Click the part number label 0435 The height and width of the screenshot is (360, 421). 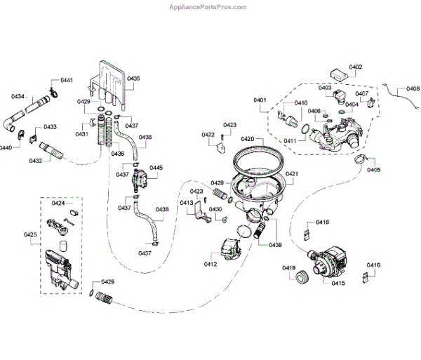[x=133, y=78]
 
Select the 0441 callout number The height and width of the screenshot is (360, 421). [x=67, y=81]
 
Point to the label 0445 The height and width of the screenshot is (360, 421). [x=156, y=168]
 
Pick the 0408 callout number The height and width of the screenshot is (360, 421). [x=413, y=89]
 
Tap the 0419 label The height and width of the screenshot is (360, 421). [x=289, y=267]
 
